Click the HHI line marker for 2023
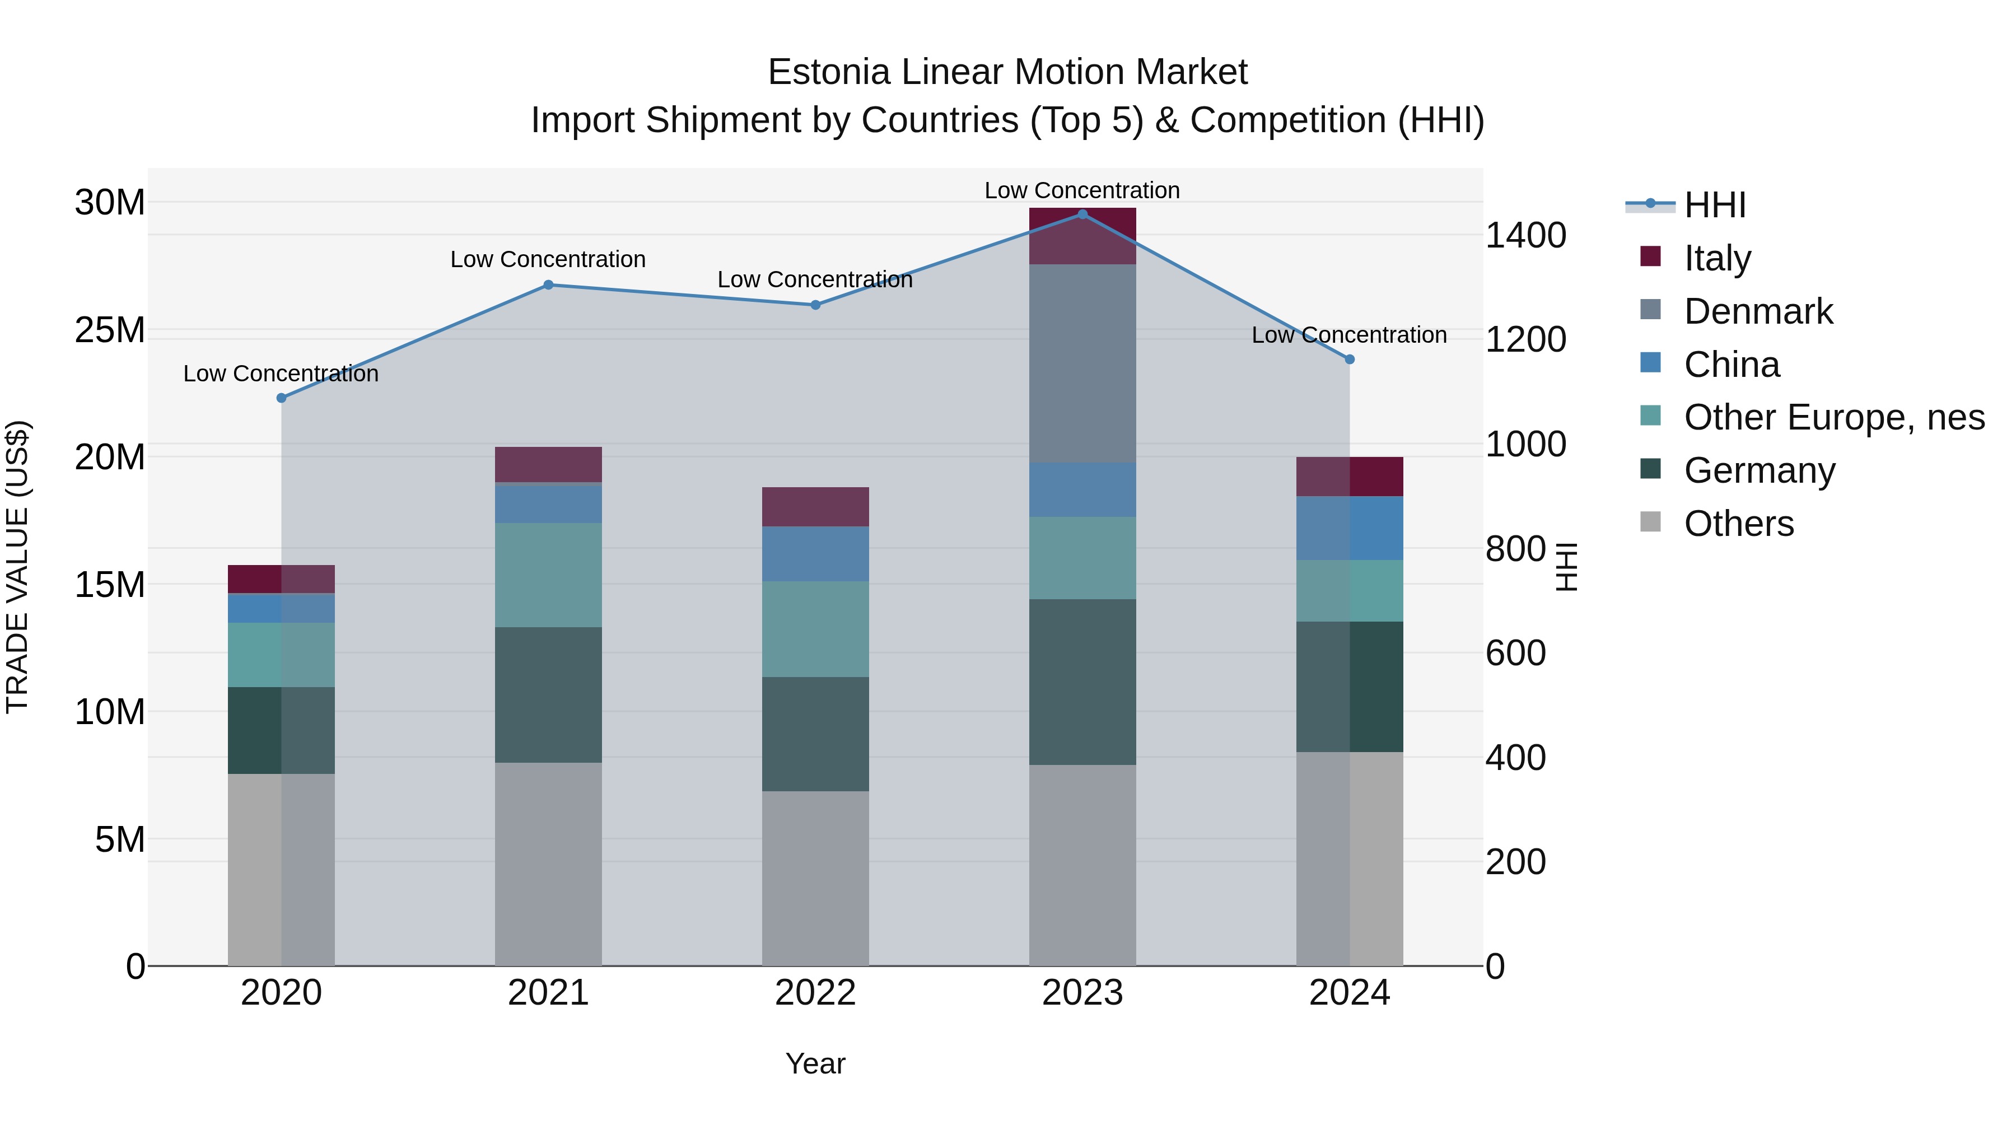(1082, 214)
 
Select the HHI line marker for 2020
(282, 398)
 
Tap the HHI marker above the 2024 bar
(1349, 359)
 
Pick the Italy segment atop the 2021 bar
(548, 464)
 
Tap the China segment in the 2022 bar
(815, 553)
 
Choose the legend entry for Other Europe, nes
(1833, 417)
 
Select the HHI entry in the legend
(1714, 205)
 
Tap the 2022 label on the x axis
(815, 992)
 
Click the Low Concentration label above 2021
(548, 259)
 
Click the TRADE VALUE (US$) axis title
(17, 567)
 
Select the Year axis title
(815, 1063)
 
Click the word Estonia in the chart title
(829, 72)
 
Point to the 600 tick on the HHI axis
(1515, 653)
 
